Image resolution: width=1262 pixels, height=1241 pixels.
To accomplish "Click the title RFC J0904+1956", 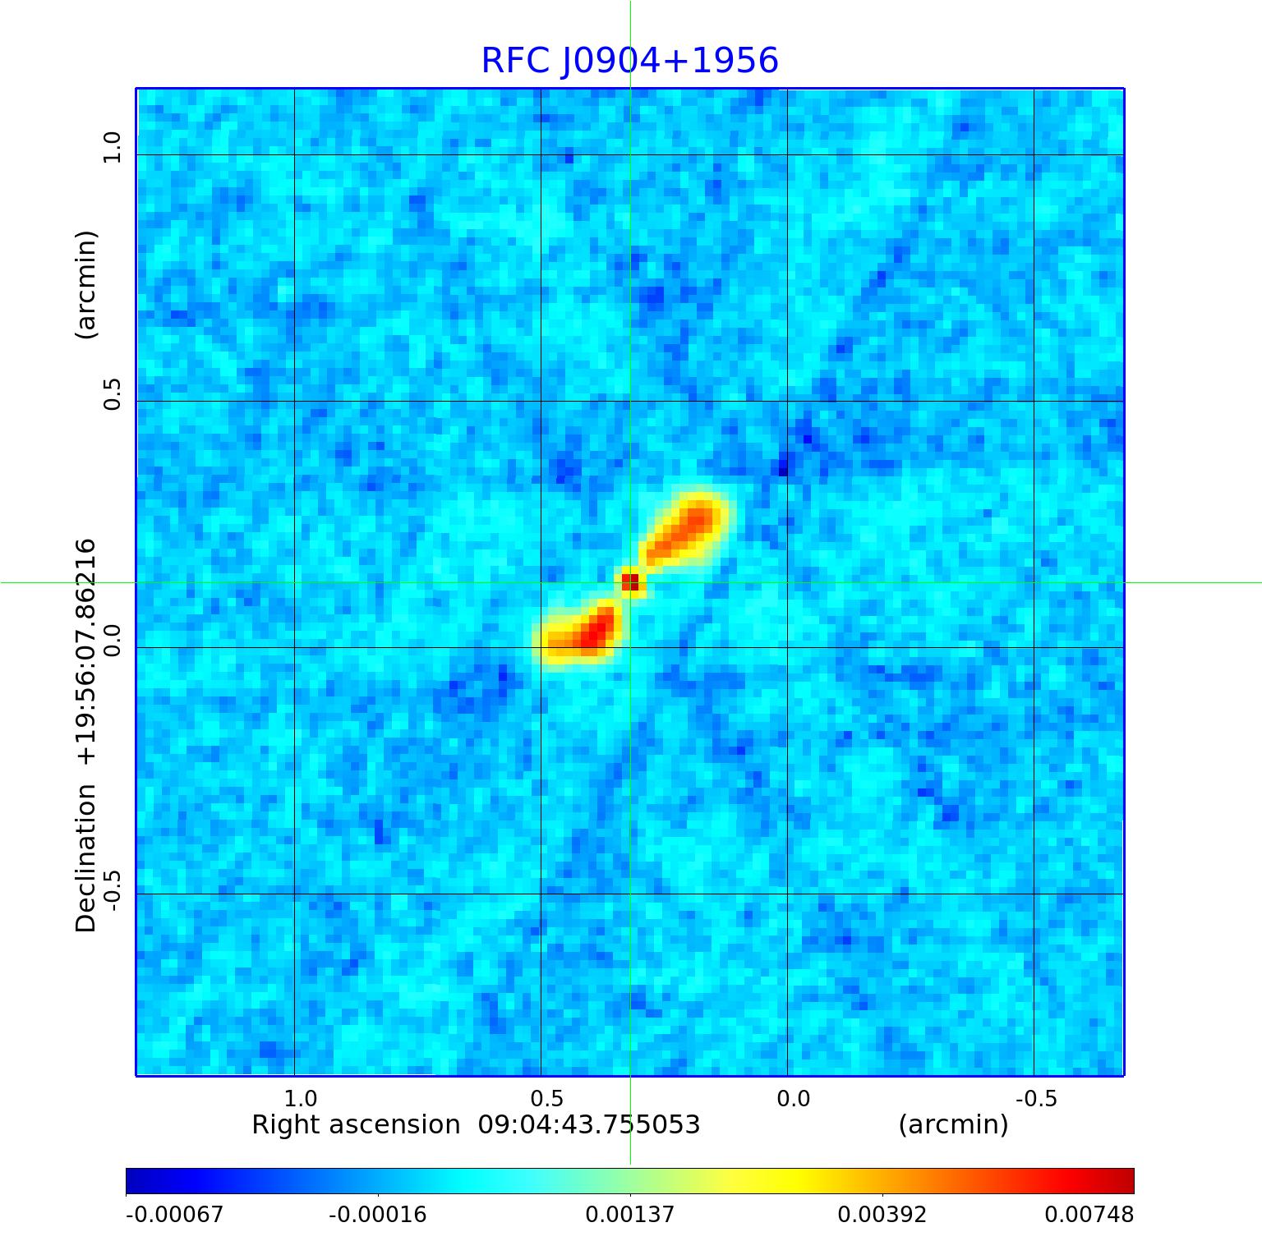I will pyautogui.click(x=629, y=61).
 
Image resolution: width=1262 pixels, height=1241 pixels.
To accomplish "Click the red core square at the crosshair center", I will pyautogui.click(x=630, y=582).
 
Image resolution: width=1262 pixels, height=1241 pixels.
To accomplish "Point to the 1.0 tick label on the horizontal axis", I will pyautogui.click(x=301, y=1098).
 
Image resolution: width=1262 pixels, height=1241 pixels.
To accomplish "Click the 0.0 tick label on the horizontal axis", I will pyautogui.click(x=794, y=1098).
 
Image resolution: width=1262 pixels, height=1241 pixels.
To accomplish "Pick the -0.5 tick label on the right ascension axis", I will pyautogui.click(x=1036, y=1098).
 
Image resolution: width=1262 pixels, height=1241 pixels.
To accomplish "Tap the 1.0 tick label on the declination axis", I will pyautogui.click(x=112, y=148).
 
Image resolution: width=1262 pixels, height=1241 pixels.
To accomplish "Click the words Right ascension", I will pyautogui.click(x=356, y=1125).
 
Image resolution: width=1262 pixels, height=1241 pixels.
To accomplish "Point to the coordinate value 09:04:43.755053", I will pyautogui.click(x=589, y=1125).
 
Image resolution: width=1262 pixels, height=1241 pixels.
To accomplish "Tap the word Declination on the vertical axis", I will pyautogui.click(x=86, y=858).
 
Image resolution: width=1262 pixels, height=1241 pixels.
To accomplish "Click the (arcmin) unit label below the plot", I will pyautogui.click(x=953, y=1125).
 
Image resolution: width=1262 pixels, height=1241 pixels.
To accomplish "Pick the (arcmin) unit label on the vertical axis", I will pyautogui.click(x=86, y=284).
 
